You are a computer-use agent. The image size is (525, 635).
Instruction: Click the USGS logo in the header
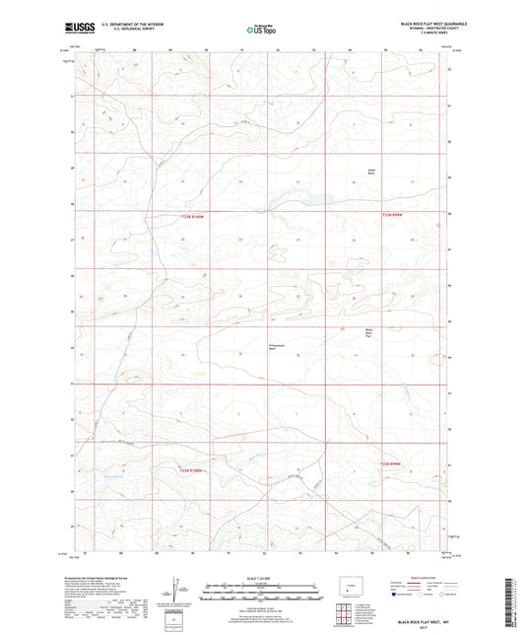pyautogui.click(x=76, y=28)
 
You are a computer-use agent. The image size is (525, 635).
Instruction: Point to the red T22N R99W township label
pyautogui.click(x=393, y=463)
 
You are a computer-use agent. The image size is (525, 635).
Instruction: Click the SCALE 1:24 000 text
pyautogui.click(x=262, y=578)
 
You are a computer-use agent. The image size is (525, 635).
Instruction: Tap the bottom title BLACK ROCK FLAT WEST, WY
pyautogui.click(x=422, y=624)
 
